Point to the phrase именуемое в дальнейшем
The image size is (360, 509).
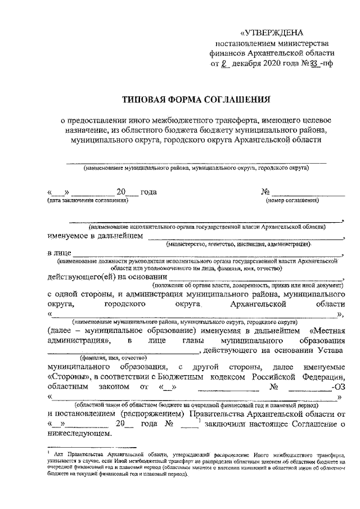click(95, 237)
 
